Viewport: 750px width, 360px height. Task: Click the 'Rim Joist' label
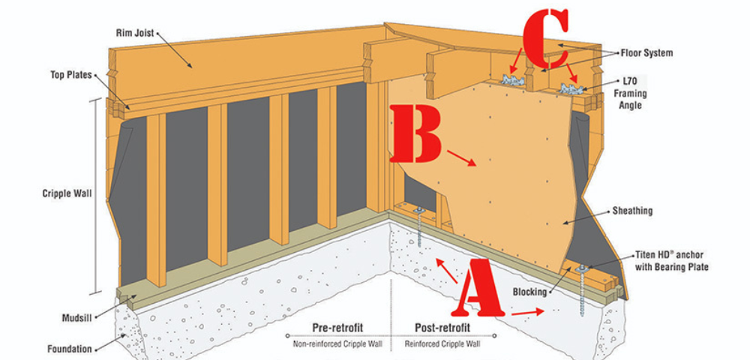tap(135, 34)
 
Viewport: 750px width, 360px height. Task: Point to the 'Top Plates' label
tap(70, 76)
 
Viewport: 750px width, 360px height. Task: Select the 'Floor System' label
tap(646, 53)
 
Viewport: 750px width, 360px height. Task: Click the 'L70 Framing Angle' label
tap(628, 92)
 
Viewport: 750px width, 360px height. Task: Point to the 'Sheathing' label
tap(631, 211)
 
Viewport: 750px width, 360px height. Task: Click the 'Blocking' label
tap(529, 292)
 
